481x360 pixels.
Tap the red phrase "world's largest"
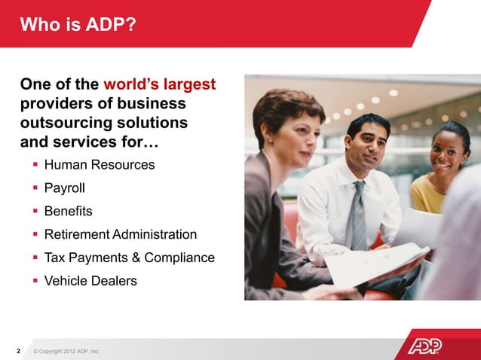pyautogui.click(x=160, y=84)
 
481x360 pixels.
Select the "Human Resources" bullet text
pyautogui.click(x=100, y=164)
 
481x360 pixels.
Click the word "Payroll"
pyautogui.click(x=65, y=188)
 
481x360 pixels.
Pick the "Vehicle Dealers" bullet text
pyautogui.click(x=90, y=281)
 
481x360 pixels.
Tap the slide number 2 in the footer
pyautogui.click(x=17, y=351)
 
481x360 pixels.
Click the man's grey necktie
pyautogui.click(x=357, y=214)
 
